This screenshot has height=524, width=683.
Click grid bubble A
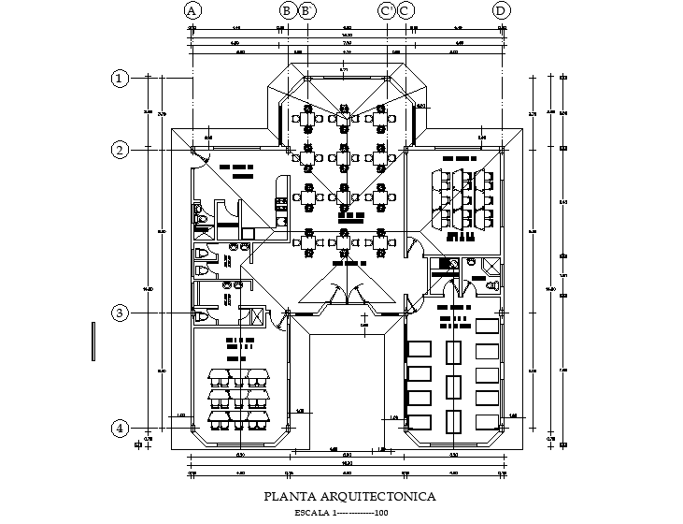point(192,11)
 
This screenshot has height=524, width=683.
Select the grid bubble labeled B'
point(306,11)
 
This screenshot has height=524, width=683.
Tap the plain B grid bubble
point(288,11)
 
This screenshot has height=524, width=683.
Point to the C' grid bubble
point(387,11)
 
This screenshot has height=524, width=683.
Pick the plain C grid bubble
point(406,11)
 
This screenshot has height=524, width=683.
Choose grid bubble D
point(502,11)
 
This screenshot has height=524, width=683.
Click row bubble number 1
point(120,79)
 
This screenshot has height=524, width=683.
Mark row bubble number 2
point(120,150)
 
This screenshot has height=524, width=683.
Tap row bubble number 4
point(120,429)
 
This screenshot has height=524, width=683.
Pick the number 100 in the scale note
point(380,513)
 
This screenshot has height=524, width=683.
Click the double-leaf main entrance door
point(347,294)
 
